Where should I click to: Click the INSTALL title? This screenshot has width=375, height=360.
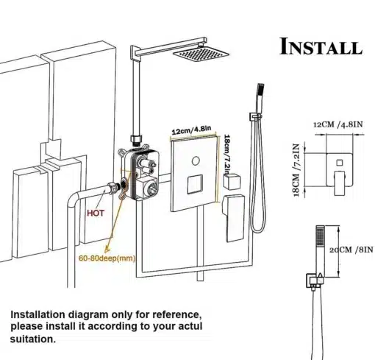(x=321, y=46)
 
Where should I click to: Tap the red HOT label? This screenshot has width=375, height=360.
(x=96, y=213)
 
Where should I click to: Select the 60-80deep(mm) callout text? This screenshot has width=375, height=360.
(x=107, y=258)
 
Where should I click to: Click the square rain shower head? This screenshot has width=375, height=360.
(x=201, y=54)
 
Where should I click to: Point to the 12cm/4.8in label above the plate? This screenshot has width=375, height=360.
(x=191, y=130)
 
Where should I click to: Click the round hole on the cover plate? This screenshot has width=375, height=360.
(x=196, y=161)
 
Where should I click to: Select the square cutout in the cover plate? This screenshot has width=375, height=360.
(x=195, y=184)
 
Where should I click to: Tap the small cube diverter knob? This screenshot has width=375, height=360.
(x=232, y=181)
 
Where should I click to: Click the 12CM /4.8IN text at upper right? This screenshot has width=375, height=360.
(x=338, y=124)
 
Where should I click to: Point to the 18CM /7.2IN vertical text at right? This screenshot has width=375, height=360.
(x=296, y=170)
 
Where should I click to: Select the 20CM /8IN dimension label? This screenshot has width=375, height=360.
(x=351, y=250)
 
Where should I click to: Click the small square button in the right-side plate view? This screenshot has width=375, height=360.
(x=340, y=163)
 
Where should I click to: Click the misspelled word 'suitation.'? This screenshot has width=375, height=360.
(x=33, y=339)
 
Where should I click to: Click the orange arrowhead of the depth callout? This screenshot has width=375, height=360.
(x=107, y=250)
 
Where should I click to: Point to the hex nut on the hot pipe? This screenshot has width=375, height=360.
(x=113, y=188)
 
